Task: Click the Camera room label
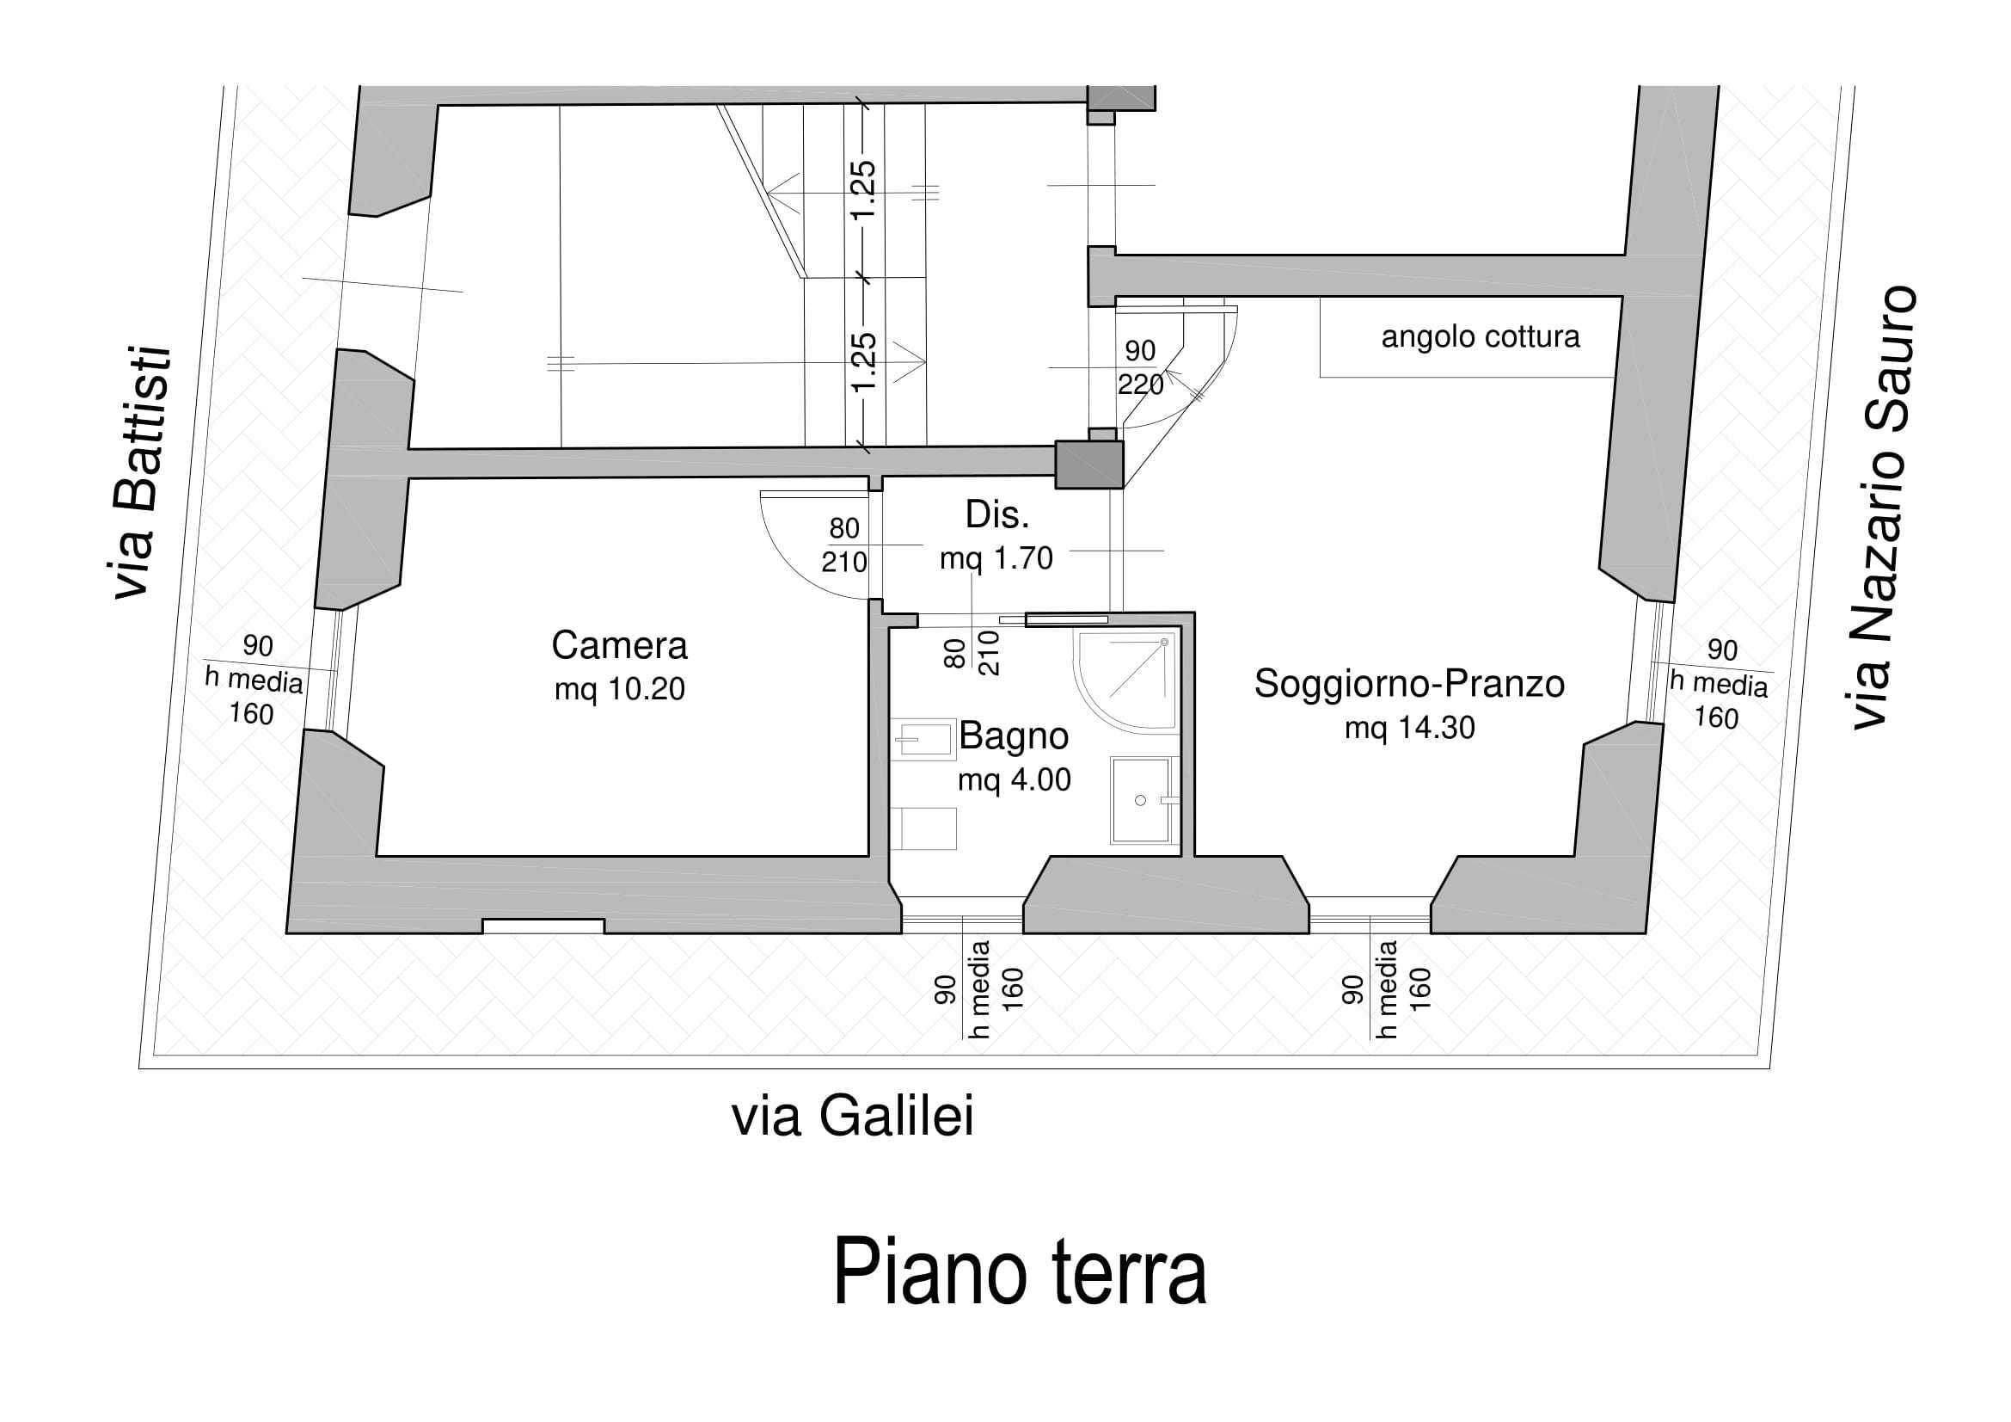coord(619,647)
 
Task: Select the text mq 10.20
coord(619,691)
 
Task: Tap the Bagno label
coord(1014,736)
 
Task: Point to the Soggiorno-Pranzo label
coord(1408,684)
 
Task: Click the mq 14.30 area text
coord(1409,728)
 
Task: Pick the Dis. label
coord(996,516)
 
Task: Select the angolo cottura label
coord(1481,337)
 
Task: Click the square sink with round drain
coord(1141,800)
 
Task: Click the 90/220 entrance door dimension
coord(1139,367)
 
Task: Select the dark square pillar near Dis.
coord(1088,465)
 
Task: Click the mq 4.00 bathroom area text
coord(1014,779)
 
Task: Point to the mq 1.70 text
coord(996,558)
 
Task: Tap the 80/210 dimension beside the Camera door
coord(843,545)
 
